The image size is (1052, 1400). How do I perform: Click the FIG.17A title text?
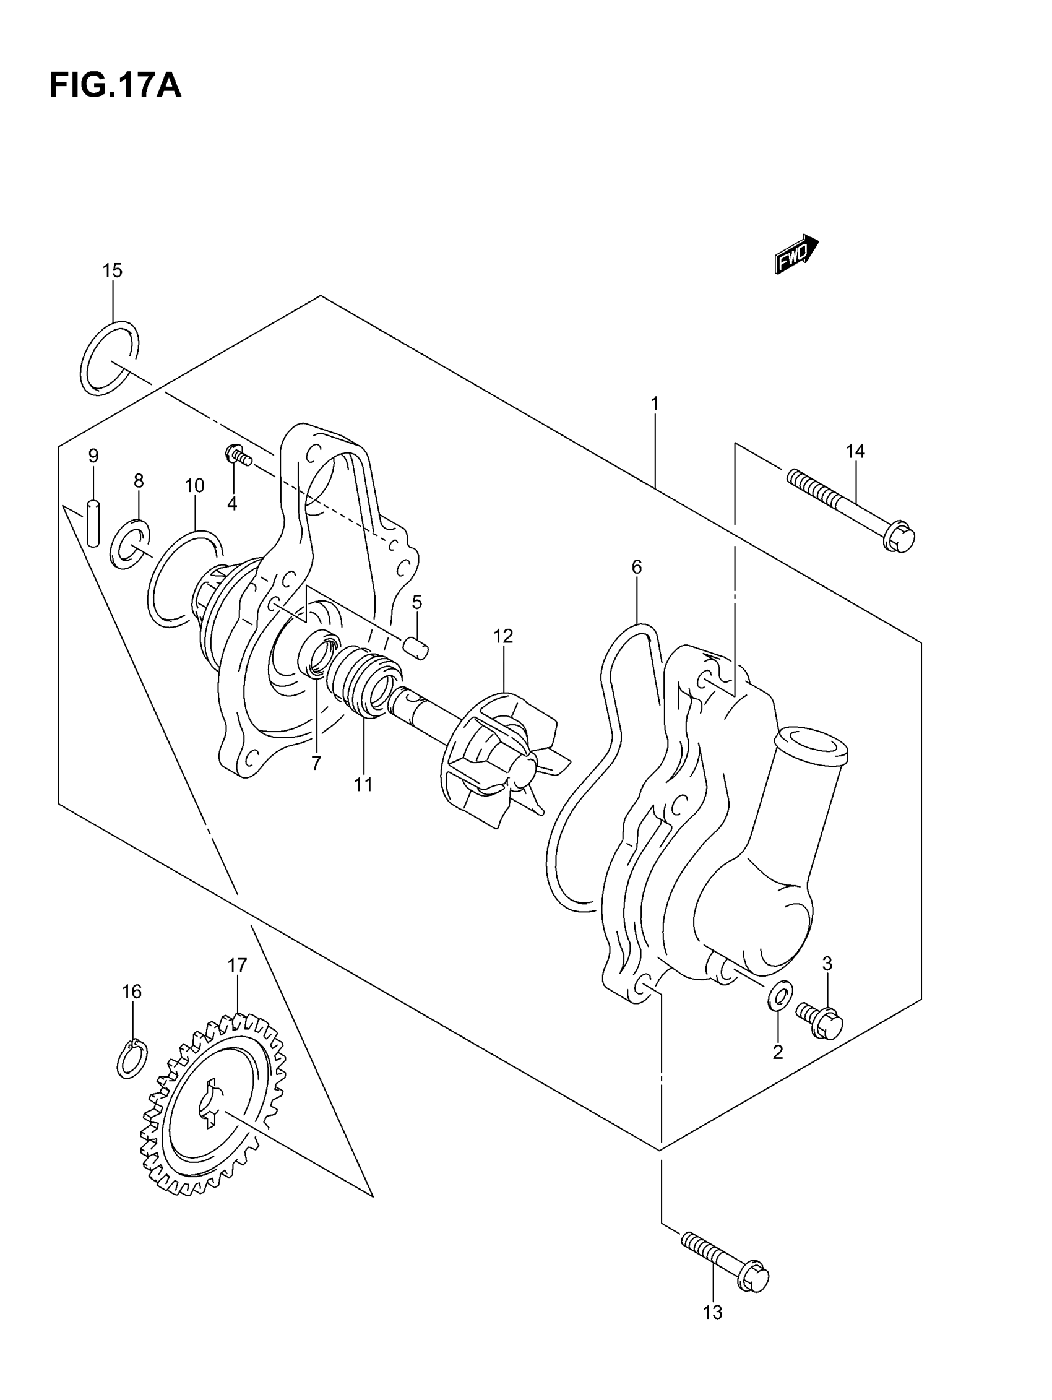(115, 86)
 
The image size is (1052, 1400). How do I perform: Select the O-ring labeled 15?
(110, 358)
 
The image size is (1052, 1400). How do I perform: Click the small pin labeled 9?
(93, 523)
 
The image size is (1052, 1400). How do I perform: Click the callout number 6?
(636, 567)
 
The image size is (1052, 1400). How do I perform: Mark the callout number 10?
(194, 485)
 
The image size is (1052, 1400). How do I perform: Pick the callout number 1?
(655, 403)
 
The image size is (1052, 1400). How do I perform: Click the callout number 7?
(316, 763)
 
